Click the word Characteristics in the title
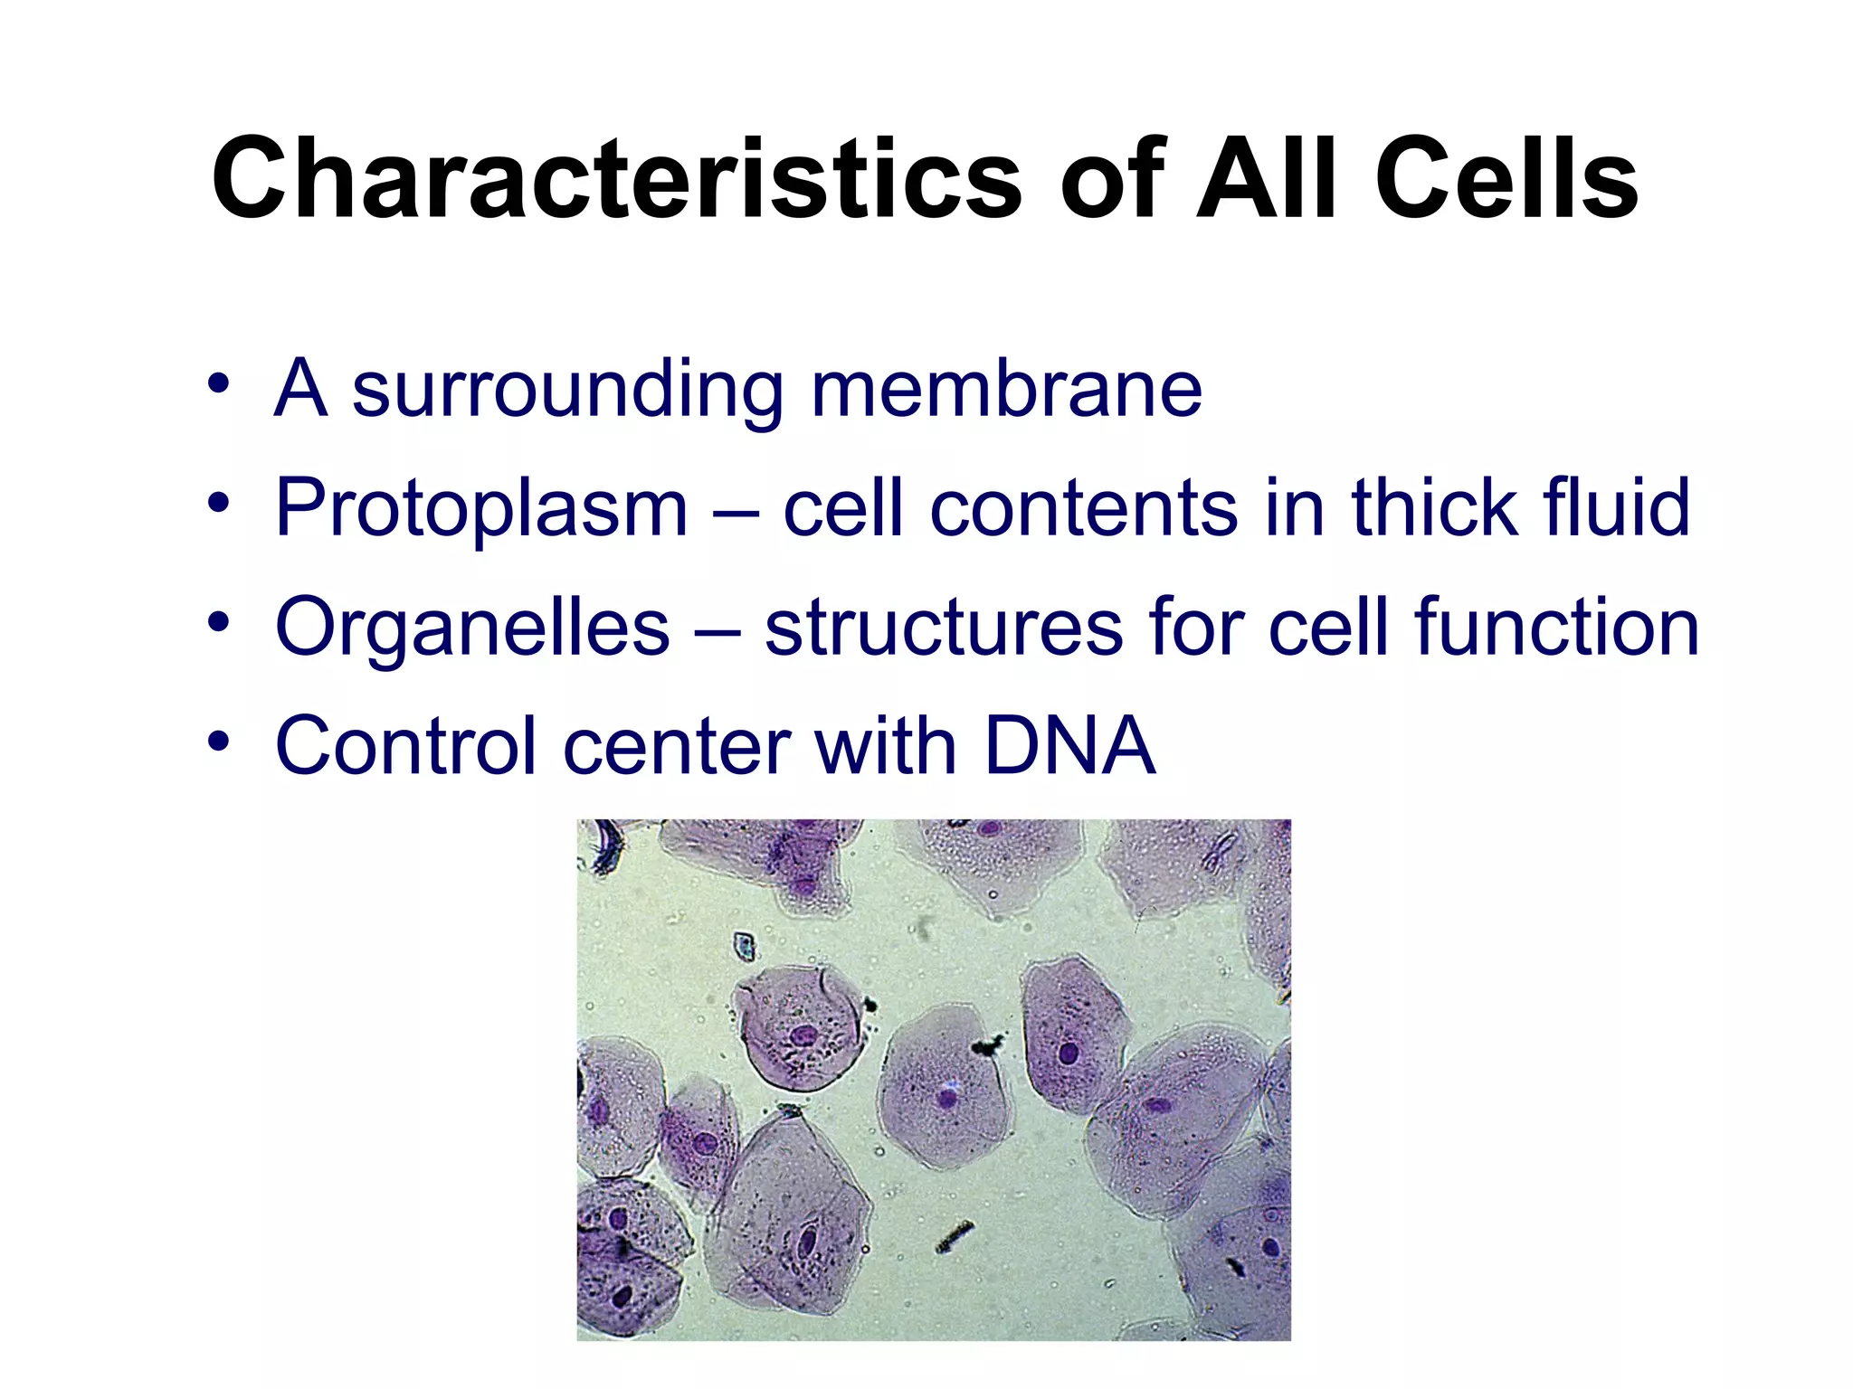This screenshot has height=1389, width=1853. [615, 178]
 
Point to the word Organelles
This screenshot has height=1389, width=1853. [472, 628]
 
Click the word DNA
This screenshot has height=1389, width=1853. [1069, 746]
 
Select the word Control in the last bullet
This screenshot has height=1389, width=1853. [406, 746]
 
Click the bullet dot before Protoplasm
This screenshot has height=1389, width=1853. [218, 501]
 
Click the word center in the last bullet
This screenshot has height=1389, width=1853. [676, 748]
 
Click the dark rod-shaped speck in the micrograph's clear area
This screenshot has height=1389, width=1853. [955, 1235]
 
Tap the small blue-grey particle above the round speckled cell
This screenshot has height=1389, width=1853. [744, 946]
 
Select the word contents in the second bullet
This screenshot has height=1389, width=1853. [1083, 508]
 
